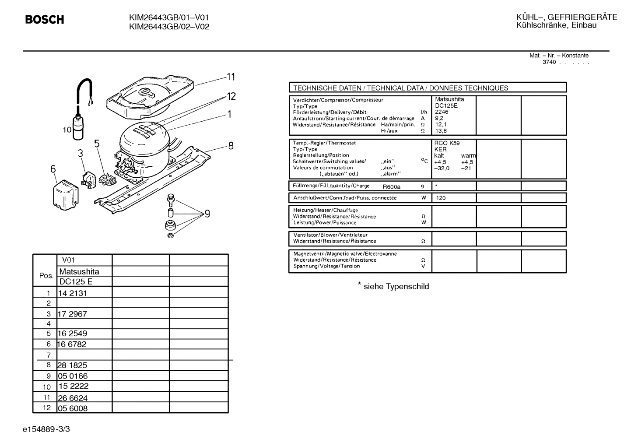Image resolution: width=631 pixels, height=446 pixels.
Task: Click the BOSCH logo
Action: click(45, 20)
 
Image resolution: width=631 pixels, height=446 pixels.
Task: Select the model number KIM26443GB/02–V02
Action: click(169, 27)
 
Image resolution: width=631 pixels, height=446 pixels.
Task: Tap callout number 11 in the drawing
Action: click(231, 77)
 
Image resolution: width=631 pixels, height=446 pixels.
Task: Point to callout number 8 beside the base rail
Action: click(231, 146)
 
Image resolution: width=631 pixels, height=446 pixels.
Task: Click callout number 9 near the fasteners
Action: click(207, 214)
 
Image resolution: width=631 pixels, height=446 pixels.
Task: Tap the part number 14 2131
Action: click(73, 293)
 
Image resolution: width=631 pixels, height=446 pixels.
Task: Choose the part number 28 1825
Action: click(73, 365)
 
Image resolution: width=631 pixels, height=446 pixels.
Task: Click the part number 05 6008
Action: click(73, 408)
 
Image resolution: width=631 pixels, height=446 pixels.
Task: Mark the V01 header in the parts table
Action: click(69, 260)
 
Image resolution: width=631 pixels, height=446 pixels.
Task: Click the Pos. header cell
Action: click(46, 276)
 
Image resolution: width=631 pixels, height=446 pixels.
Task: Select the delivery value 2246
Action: click(442, 112)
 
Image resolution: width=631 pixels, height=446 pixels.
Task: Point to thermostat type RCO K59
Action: click(447, 143)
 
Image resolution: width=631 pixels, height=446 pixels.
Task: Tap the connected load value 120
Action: click(441, 198)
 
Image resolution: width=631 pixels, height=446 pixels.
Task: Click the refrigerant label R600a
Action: click(392, 187)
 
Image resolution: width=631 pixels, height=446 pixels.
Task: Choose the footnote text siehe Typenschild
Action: click(396, 287)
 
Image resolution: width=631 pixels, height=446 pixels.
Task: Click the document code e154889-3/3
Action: click(46, 429)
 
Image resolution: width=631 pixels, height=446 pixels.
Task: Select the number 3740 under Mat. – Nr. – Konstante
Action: click(549, 62)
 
